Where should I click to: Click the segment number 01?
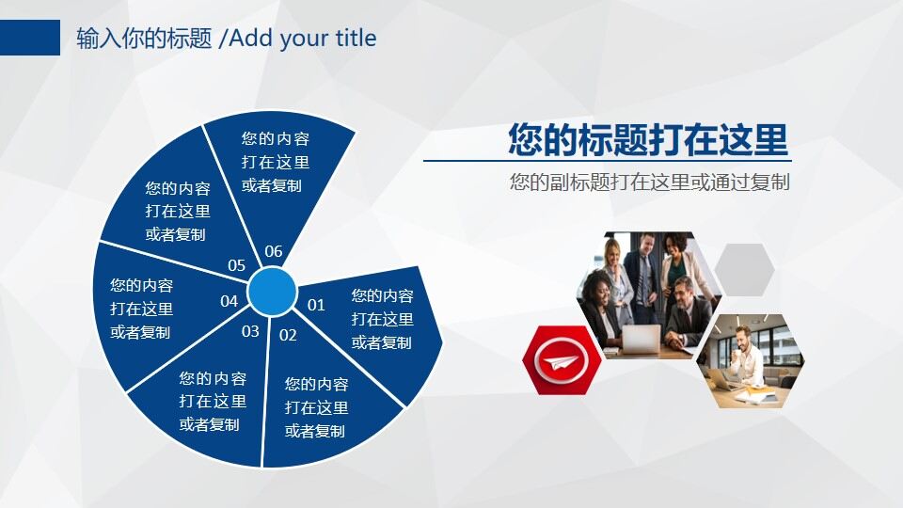point(316,305)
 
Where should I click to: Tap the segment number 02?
point(288,335)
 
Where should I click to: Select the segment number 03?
point(250,331)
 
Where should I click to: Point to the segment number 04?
point(229,301)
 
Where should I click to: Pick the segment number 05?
point(236,265)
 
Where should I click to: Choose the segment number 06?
point(274,251)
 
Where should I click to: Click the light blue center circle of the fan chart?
point(273,292)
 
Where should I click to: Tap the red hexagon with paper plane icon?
point(562,360)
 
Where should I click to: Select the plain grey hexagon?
point(744,270)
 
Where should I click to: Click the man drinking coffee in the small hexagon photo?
point(745,360)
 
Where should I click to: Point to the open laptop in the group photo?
point(642,339)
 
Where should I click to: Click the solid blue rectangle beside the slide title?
point(30,38)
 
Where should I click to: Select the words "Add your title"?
point(303,38)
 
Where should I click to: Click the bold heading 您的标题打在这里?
point(648,139)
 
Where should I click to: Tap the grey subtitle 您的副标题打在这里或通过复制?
point(650,182)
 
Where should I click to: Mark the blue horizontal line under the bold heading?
point(608,161)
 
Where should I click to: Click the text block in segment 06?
point(276,162)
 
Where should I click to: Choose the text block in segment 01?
point(383,319)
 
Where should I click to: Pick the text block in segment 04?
point(142,309)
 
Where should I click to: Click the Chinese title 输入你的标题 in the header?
point(144,38)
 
